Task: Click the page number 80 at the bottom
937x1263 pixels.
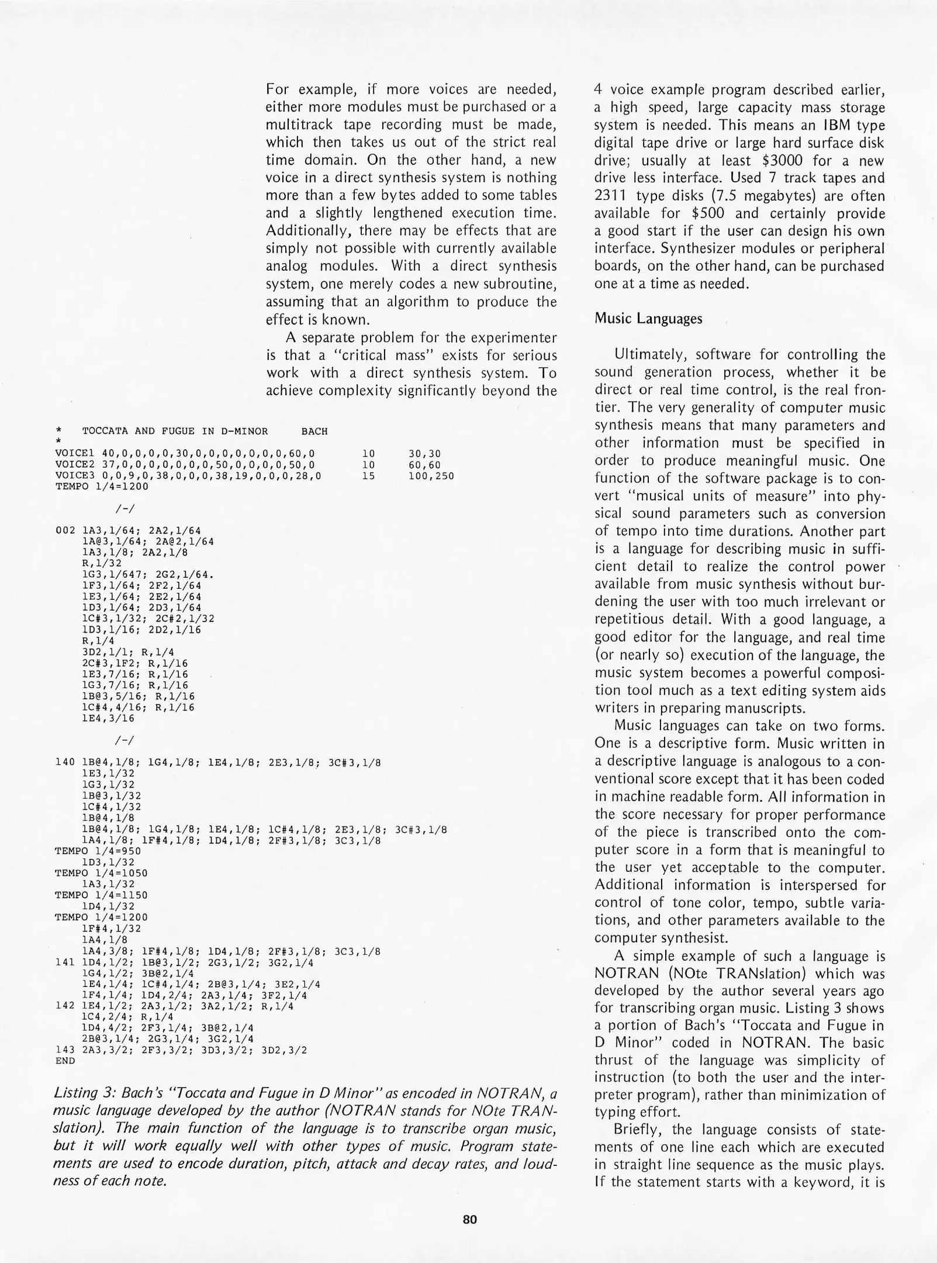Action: click(469, 1219)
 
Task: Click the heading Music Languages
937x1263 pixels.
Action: click(648, 319)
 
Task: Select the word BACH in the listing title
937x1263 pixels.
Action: click(314, 432)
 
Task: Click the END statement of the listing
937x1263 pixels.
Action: click(64, 1060)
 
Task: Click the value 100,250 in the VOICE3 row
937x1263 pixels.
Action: click(431, 476)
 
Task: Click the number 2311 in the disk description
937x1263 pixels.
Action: click(611, 196)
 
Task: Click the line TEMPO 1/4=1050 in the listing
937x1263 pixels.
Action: click(101, 873)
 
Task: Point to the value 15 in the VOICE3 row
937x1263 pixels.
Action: click(368, 476)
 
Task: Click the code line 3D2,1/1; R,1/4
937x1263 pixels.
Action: click(128, 651)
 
